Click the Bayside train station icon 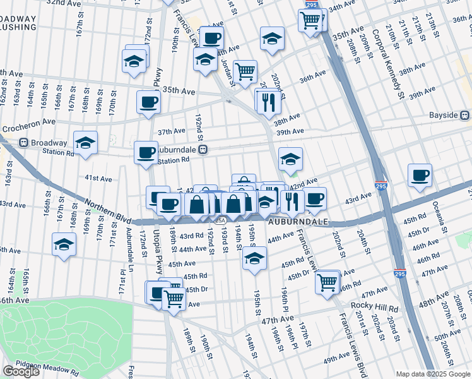tap(465, 116)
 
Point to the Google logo tap(21, 371)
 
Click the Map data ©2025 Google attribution tap(433, 374)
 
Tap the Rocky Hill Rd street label tap(376, 309)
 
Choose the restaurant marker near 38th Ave tap(268, 101)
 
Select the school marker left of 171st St tap(64, 244)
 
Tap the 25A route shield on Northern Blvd tap(219, 220)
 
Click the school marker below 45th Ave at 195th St tap(254, 258)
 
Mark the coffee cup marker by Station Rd tap(146, 153)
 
